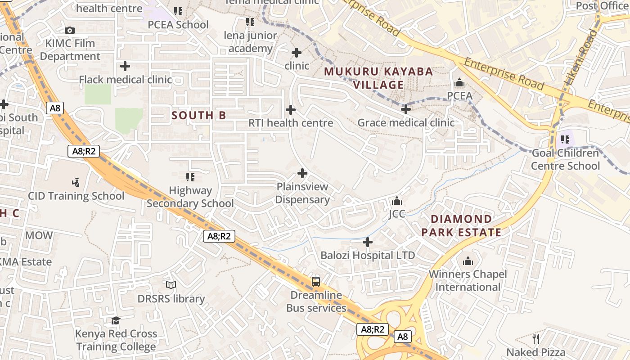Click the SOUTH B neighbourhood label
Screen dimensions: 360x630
(198, 115)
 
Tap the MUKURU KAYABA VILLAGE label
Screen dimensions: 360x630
(378, 78)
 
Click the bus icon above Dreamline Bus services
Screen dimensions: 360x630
(316, 282)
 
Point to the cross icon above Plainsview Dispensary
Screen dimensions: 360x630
(302, 173)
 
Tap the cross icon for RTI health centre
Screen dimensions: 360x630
(291, 109)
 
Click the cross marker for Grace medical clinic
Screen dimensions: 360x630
(406, 109)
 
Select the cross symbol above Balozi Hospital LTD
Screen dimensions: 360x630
(368, 242)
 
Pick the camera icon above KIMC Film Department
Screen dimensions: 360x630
(70, 30)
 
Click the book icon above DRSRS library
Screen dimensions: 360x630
(171, 285)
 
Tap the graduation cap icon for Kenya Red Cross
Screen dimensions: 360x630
(116, 320)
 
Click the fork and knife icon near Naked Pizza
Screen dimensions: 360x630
(535, 338)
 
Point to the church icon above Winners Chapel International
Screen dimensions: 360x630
(468, 261)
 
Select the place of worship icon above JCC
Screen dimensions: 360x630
(397, 200)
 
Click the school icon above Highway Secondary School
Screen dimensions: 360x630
(190, 177)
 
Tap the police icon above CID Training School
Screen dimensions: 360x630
(76, 182)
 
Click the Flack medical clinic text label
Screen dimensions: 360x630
(125, 80)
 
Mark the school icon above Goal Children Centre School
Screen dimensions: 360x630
(565, 139)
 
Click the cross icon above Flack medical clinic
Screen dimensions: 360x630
(125, 67)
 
